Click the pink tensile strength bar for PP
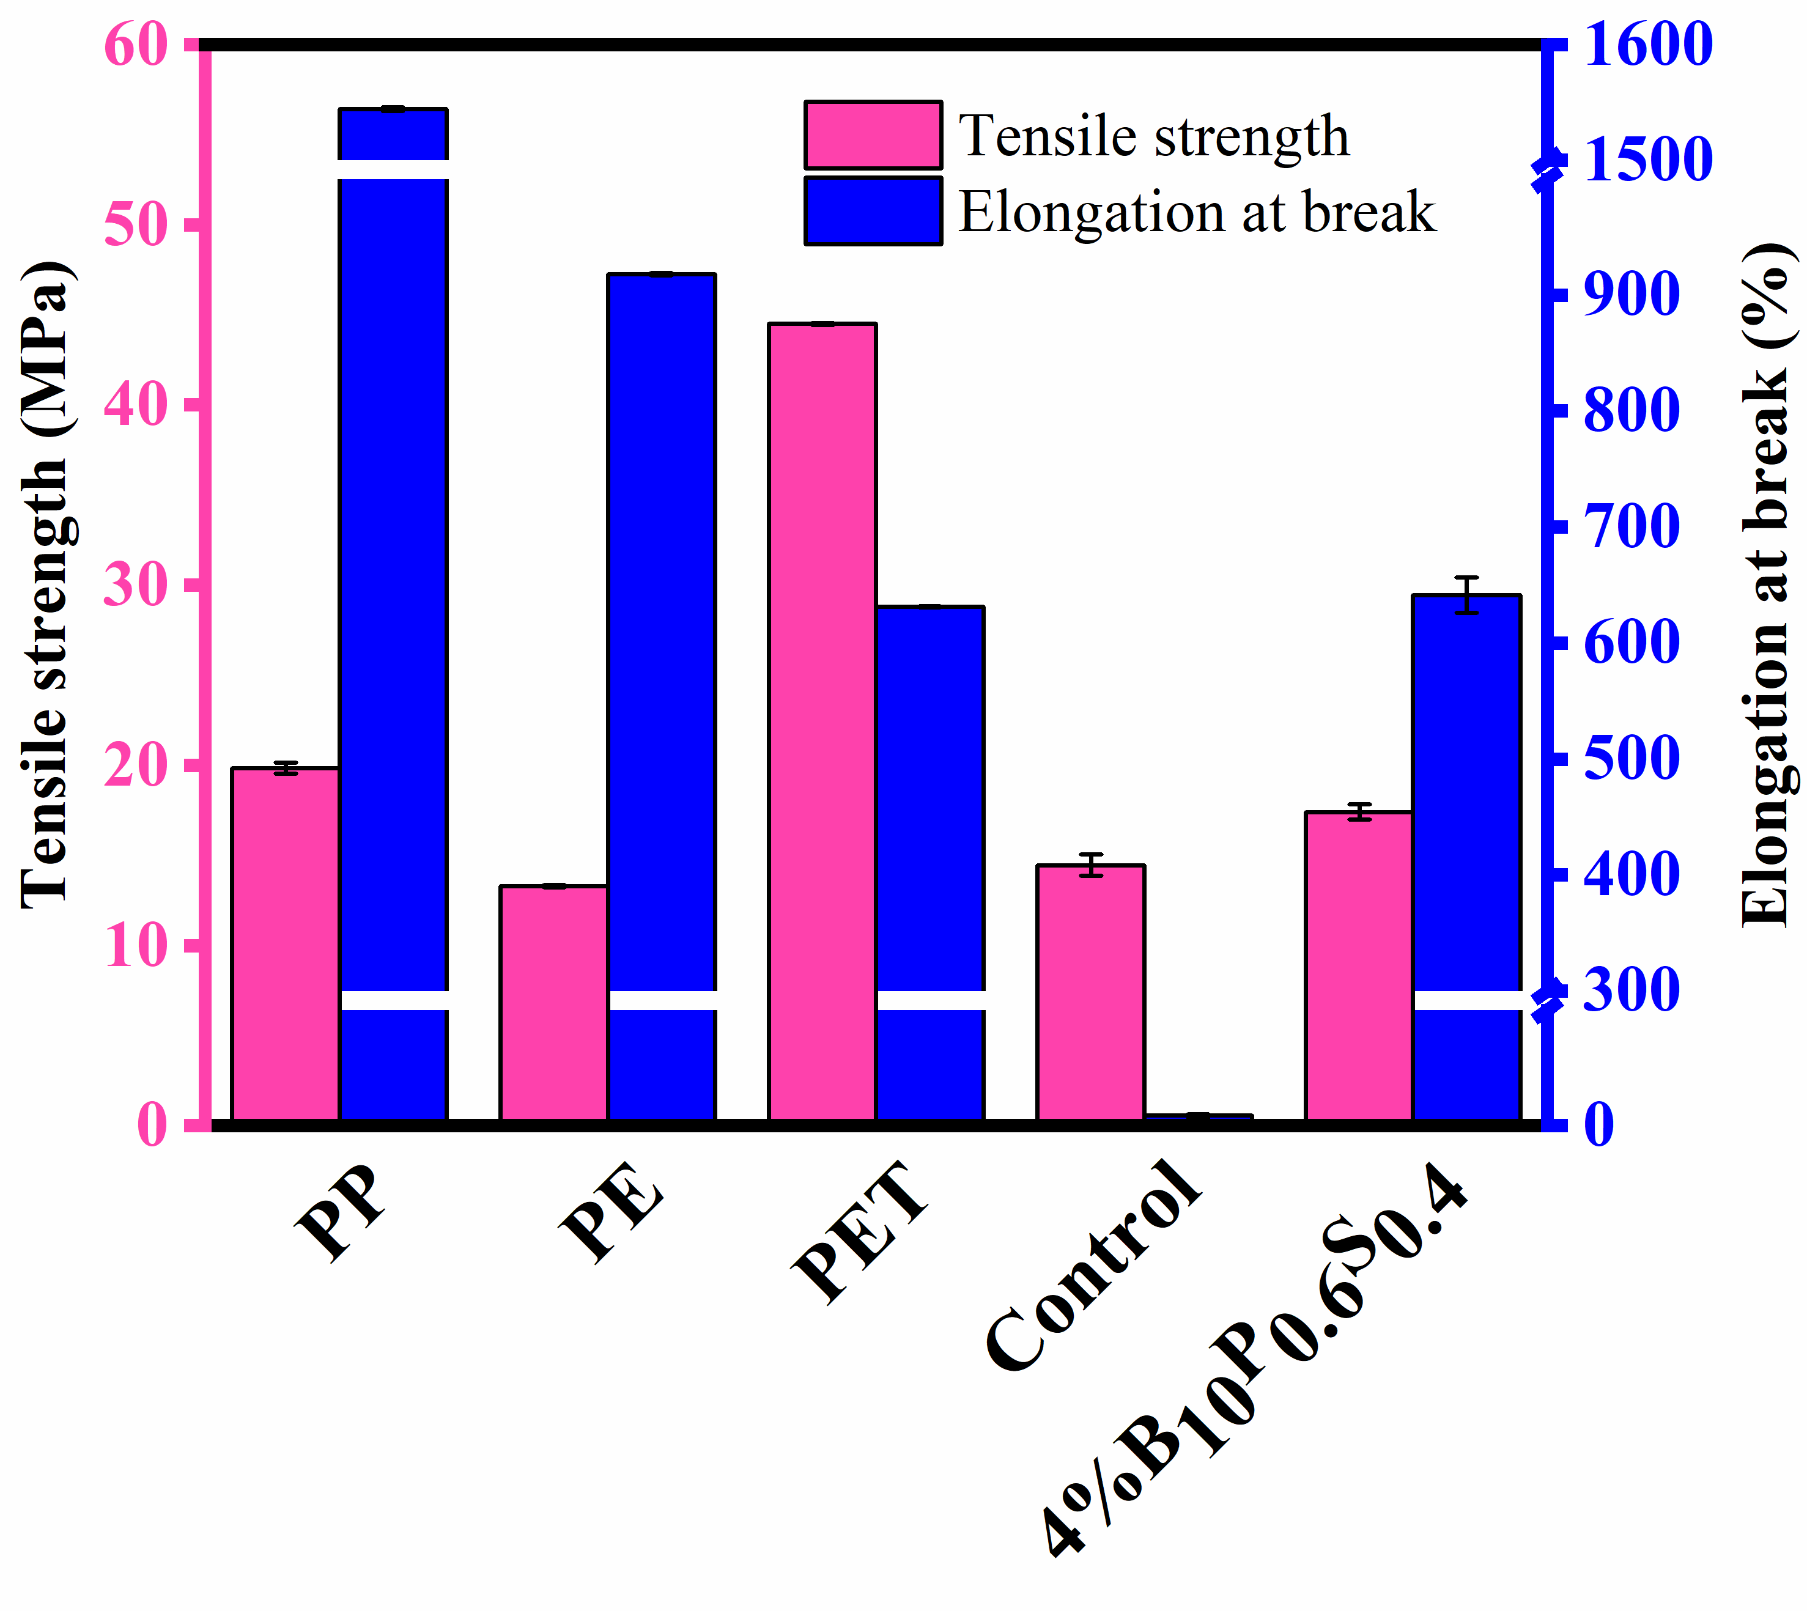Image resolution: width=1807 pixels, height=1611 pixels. click(x=285, y=943)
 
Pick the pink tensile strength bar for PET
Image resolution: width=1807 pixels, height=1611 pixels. click(x=822, y=721)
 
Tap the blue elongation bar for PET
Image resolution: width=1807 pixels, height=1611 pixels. click(x=929, y=797)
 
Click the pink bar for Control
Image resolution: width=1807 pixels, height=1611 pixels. click(x=1091, y=992)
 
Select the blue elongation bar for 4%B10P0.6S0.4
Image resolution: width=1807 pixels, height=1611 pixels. click(x=1466, y=797)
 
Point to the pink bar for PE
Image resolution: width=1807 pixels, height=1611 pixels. click(x=553, y=1002)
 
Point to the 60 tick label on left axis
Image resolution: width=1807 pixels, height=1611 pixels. click(x=136, y=44)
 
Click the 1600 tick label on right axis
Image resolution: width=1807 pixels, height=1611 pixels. click(x=1647, y=44)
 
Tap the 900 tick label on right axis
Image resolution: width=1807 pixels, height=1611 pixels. click(x=1631, y=295)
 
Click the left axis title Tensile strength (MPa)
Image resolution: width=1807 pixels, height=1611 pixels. click(x=46, y=584)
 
